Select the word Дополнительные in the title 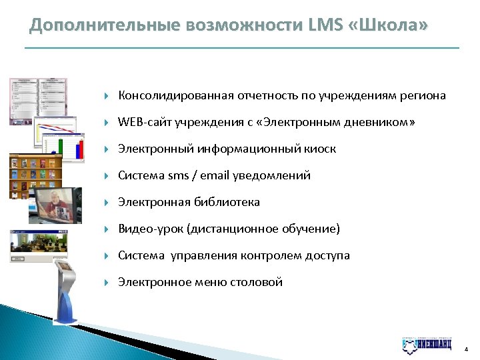99,25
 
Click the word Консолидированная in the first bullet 175,96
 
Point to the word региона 423,96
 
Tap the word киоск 319,149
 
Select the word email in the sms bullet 213,176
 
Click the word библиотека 226,202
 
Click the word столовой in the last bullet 257,282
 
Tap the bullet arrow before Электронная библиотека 107,203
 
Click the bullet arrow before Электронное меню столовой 107,283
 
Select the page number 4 466,348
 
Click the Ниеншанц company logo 428,345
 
